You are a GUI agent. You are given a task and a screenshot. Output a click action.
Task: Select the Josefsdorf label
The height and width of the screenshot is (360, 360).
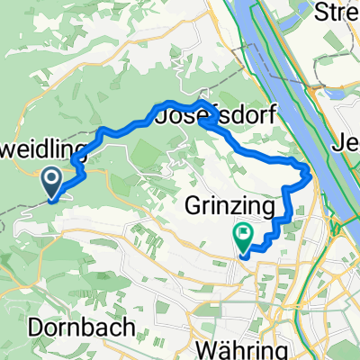(217, 116)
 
